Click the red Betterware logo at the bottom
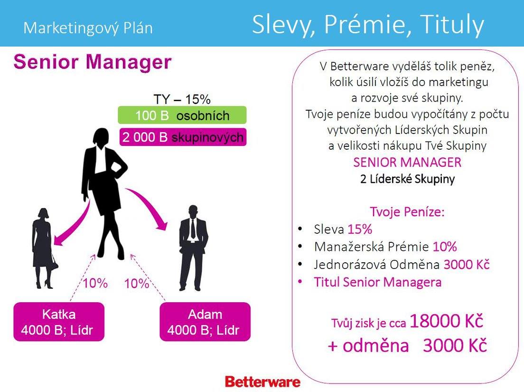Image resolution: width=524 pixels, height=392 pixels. pyautogui.click(x=262, y=382)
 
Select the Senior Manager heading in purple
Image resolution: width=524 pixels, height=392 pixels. pyautogui.click(x=93, y=62)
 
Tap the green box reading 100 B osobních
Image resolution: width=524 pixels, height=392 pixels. pyautogui.click(x=182, y=115)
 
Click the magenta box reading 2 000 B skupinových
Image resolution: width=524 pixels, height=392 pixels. pyautogui.click(x=183, y=137)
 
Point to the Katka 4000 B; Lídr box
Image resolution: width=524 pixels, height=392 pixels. pyautogui.click(x=59, y=322)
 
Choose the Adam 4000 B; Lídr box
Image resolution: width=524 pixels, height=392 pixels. pyautogui.click(x=205, y=322)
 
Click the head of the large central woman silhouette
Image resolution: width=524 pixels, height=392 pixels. pyautogui.click(x=101, y=137)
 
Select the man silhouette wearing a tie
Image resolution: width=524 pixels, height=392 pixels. pyautogui.click(x=193, y=248)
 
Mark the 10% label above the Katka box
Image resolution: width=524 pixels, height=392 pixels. pyautogui.click(x=95, y=283)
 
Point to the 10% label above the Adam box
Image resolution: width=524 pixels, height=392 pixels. pyautogui.click(x=137, y=284)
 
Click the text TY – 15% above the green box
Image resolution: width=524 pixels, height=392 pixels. pyautogui.click(x=182, y=99)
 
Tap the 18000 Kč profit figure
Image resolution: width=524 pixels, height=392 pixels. pyautogui.click(x=446, y=321)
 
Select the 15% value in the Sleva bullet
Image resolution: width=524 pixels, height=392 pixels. pyautogui.click(x=360, y=229)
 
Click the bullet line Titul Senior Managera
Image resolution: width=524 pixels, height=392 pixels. pyautogui.click(x=377, y=282)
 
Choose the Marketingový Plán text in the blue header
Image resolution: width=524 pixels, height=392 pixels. pyautogui.click(x=88, y=28)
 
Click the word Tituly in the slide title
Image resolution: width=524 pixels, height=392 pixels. pyautogui.click(x=452, y=25)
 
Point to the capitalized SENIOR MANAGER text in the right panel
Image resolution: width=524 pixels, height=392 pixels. pyautogui.click(x=407, y=163)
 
